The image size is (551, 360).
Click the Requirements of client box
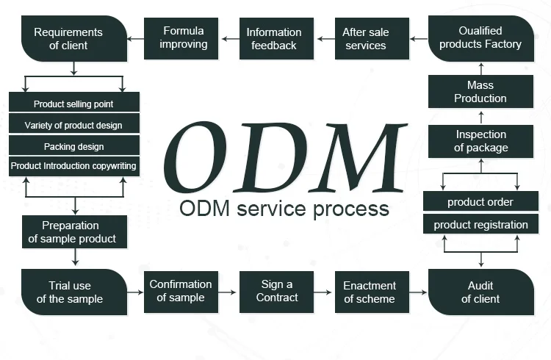(73, 39)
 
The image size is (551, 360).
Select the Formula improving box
(183, 38)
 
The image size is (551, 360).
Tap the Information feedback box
(274, 39)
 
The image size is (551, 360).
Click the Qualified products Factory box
(480, 37)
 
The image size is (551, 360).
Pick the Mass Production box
(480, 92)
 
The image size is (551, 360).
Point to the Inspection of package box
(480, 141)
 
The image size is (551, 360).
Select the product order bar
(480, 202)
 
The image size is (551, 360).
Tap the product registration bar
(480, 225)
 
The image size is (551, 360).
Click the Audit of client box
(480, 292)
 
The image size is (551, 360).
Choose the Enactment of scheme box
(370, 292)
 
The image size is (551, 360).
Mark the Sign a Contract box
(277, 292)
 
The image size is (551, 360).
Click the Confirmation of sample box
(181, 292)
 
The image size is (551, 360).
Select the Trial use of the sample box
(73, 292)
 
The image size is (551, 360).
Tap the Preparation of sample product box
(74, 232)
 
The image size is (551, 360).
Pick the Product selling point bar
(73, 104)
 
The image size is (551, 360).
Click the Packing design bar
(73, 146)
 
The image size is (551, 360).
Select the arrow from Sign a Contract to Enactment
(324, 292)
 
